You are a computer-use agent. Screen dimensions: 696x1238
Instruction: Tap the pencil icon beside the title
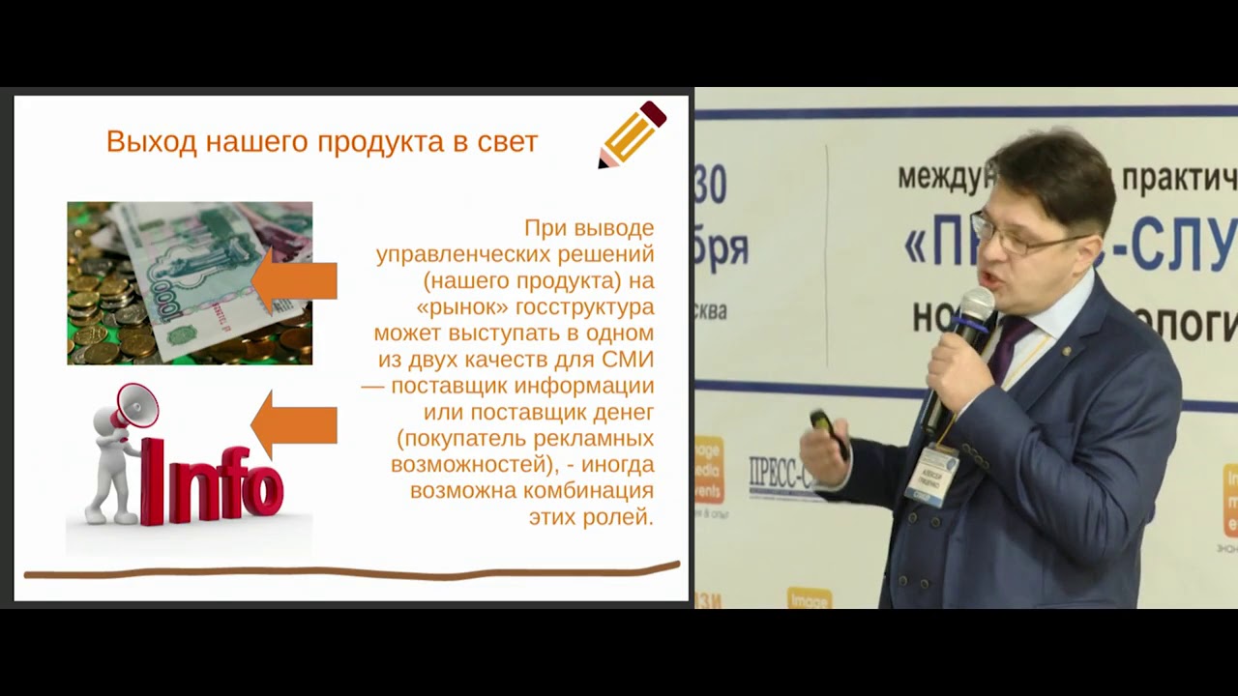pyautogui.click(x=633, y=134)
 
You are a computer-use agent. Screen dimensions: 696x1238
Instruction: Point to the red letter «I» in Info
pyautogui.click(x=152, y=480)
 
